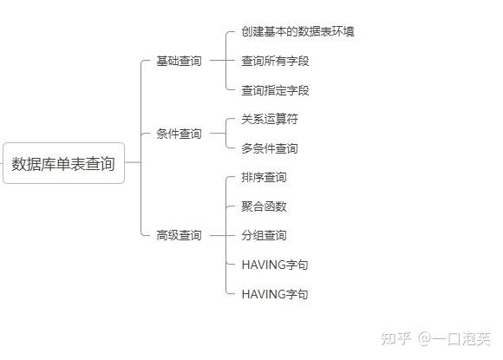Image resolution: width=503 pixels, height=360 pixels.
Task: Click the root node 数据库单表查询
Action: pos(63,163)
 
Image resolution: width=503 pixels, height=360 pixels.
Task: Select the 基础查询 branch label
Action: pos(179,61)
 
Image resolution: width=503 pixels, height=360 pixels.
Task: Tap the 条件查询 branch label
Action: pos(179,134)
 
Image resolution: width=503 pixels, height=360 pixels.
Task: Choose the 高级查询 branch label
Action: pos(179,235)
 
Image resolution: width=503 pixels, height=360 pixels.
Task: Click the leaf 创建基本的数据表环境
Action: pos(297,31)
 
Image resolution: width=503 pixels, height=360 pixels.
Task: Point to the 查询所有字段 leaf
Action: pos(275,61)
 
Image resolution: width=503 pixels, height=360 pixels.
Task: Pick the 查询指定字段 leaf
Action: pos(275,90)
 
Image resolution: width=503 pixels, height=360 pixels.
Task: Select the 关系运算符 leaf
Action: pos(270,119)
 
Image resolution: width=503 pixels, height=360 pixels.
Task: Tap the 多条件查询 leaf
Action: pos(270,148)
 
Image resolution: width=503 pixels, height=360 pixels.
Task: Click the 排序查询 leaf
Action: pos(264,177)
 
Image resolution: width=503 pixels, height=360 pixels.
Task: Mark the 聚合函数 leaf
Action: pos(264,206)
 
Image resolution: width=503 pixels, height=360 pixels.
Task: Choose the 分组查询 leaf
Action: pos(264,235)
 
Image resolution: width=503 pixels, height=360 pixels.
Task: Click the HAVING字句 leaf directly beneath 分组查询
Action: pos(275,265)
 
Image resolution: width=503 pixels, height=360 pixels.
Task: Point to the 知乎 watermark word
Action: pos(395,338)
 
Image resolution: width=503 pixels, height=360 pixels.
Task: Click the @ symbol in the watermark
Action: pos(424,339)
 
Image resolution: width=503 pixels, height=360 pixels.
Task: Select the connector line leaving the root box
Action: pos(133,162)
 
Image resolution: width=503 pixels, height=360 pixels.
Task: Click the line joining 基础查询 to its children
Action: pos(219,61)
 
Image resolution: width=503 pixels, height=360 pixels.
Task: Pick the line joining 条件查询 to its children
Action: pos(219,133)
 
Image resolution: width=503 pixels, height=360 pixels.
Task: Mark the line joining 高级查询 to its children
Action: pos(219,235)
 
